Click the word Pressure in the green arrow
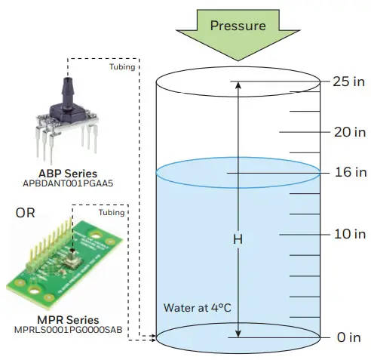click(238, 26)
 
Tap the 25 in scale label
click(348, 82)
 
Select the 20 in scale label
click(348, 131)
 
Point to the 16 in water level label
click(348, 172)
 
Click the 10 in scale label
click(348, 234)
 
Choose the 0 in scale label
click(348, 337)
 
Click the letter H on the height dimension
click(238, 239)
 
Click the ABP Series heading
click(69, 172)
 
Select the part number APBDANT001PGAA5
click(69, 183)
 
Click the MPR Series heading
click(69, 320)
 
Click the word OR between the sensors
click(25, 213)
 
